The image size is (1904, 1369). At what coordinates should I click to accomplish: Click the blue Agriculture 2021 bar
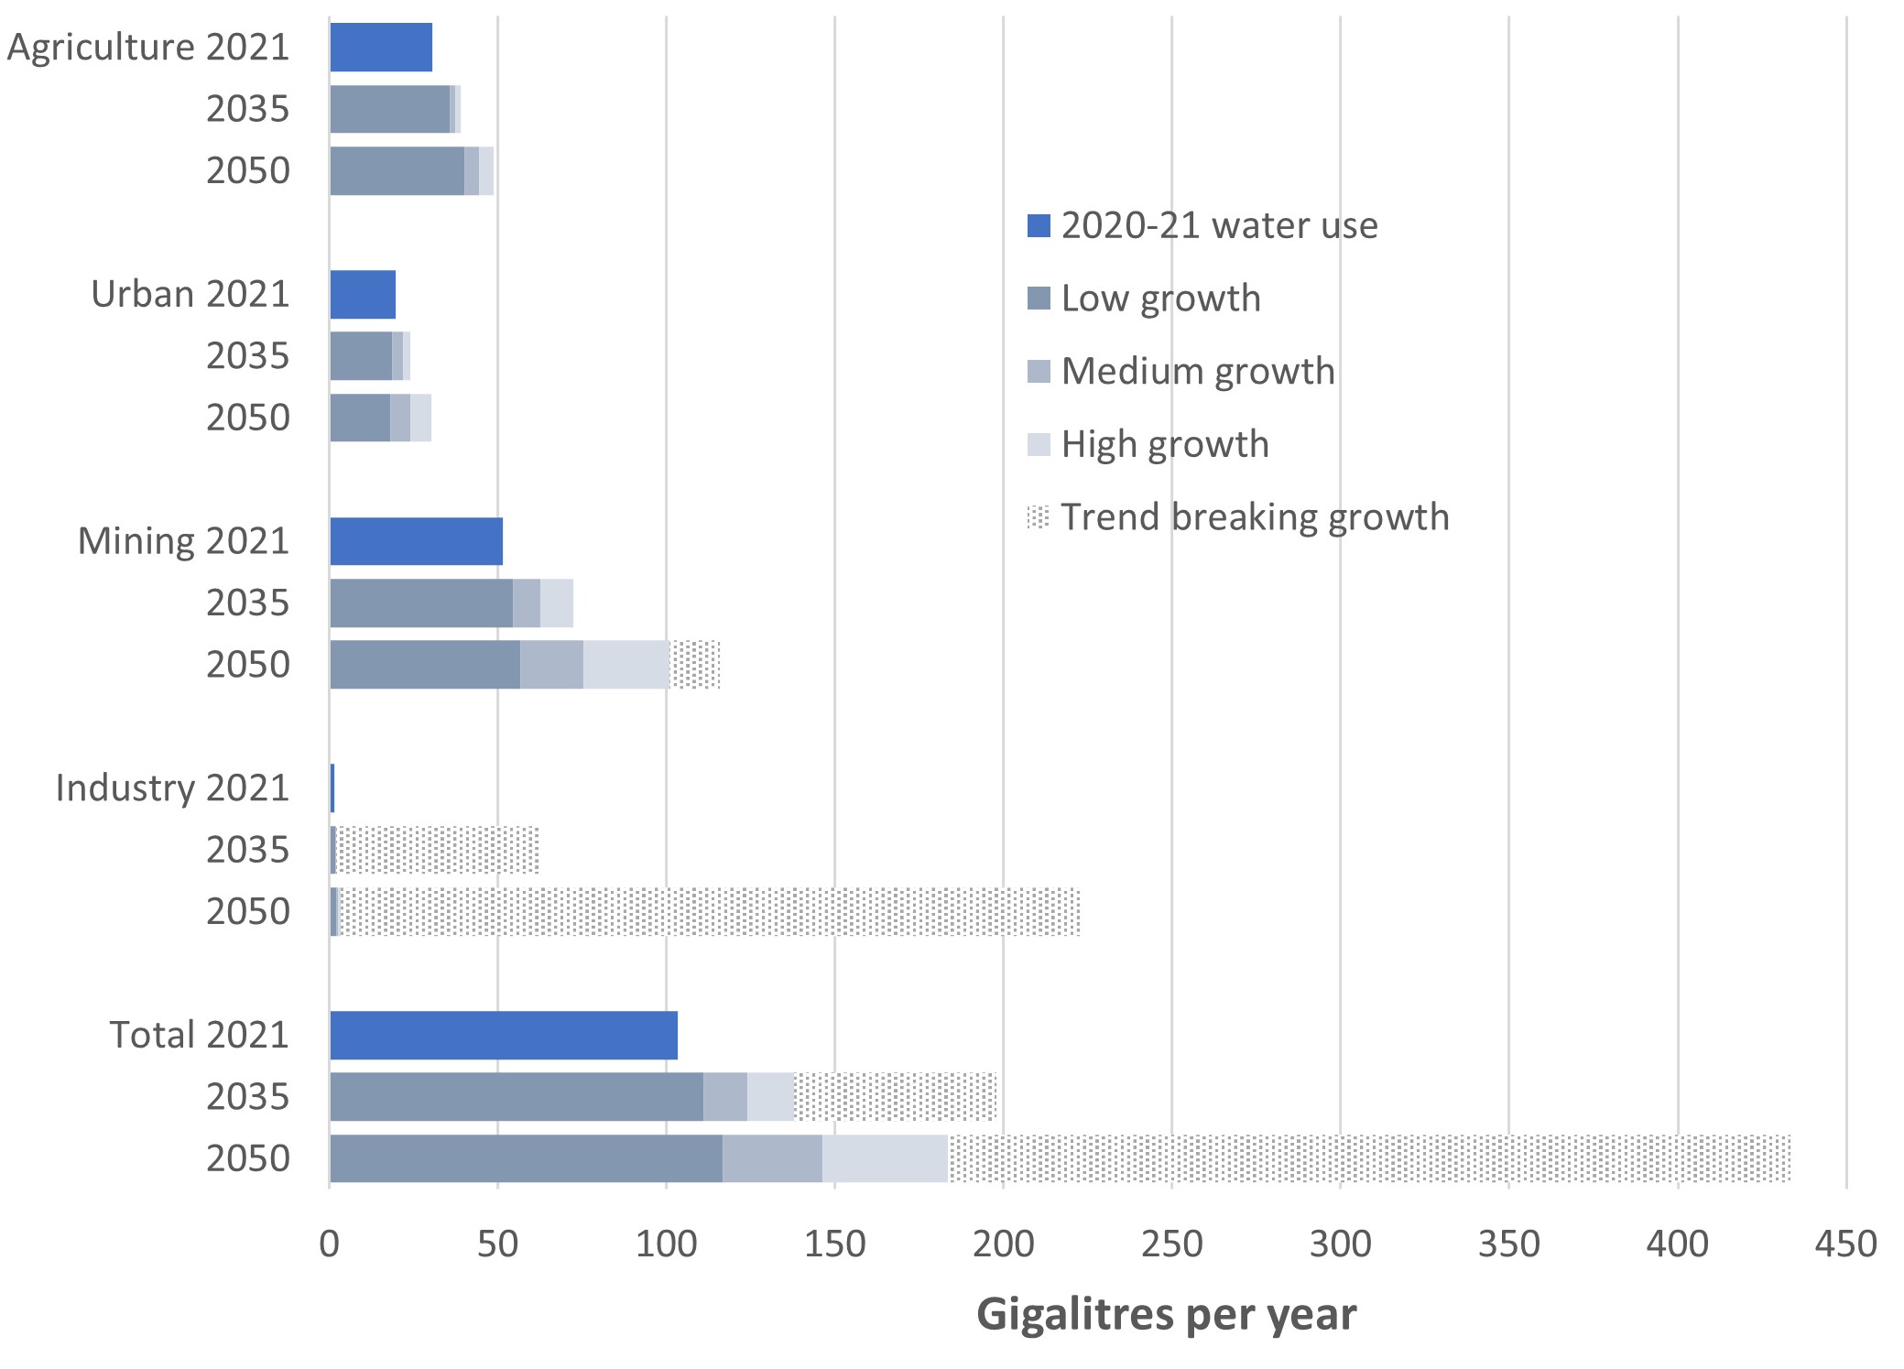pos(381,47)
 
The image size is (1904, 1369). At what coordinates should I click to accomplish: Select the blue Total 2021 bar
pos(504,1035)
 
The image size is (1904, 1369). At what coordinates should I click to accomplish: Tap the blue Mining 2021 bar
pos(416,540)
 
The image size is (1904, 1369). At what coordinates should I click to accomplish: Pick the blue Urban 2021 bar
pos(363,294)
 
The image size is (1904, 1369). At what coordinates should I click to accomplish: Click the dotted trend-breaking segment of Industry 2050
pos(710,911)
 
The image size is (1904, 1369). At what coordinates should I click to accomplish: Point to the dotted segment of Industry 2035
pos(438,850)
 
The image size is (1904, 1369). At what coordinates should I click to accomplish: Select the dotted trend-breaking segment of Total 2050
pos(1369,1158)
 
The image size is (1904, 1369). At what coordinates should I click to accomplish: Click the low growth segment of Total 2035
pos(517,1096)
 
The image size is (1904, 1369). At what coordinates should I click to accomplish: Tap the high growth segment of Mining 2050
pos(626,664)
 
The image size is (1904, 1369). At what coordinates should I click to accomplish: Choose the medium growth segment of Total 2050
pos(772,1158)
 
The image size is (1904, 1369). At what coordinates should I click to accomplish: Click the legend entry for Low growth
pos(1160,299)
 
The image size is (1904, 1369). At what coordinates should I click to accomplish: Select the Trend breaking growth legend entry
pos(1254,517)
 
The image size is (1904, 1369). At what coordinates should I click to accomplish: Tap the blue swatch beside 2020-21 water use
pos(1039,225)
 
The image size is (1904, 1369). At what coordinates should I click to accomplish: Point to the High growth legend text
pos(1165,444)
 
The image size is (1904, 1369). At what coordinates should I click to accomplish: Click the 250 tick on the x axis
pos(1171,1244)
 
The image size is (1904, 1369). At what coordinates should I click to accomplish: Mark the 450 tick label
pos(1846,1244)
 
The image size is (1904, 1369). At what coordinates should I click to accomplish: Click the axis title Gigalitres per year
pos(1166,1314)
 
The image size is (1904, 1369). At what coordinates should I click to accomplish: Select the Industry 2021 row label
pos(172,788)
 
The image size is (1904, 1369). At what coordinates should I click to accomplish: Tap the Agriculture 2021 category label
pos(148,47)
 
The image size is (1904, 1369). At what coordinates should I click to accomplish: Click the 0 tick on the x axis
pos(330,1244)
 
